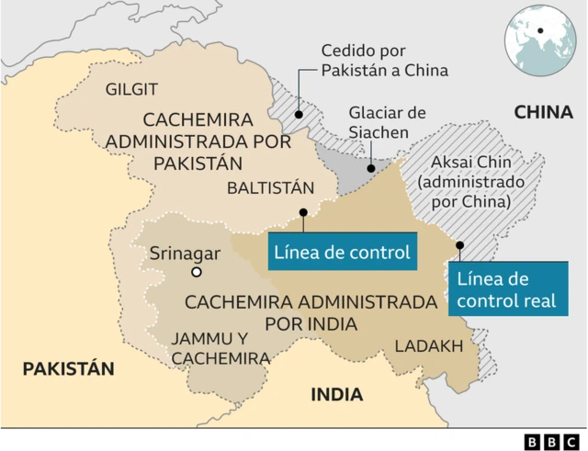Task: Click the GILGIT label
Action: tap(132, 89)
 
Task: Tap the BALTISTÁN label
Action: tap(271, 188)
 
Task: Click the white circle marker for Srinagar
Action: tap(196, 273)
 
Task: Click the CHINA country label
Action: tap(544, 112)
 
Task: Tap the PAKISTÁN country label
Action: tap(69, 369)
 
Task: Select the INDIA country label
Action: tap(336, 395)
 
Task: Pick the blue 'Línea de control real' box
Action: tap(506, 289)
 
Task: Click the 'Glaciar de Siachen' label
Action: tap(387, 123)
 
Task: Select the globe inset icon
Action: tap(540, 39)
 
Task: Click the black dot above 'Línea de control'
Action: tap(302, 213)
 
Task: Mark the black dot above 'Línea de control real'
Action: tap(459, 245)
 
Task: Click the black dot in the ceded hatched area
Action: tap(299, 115)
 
